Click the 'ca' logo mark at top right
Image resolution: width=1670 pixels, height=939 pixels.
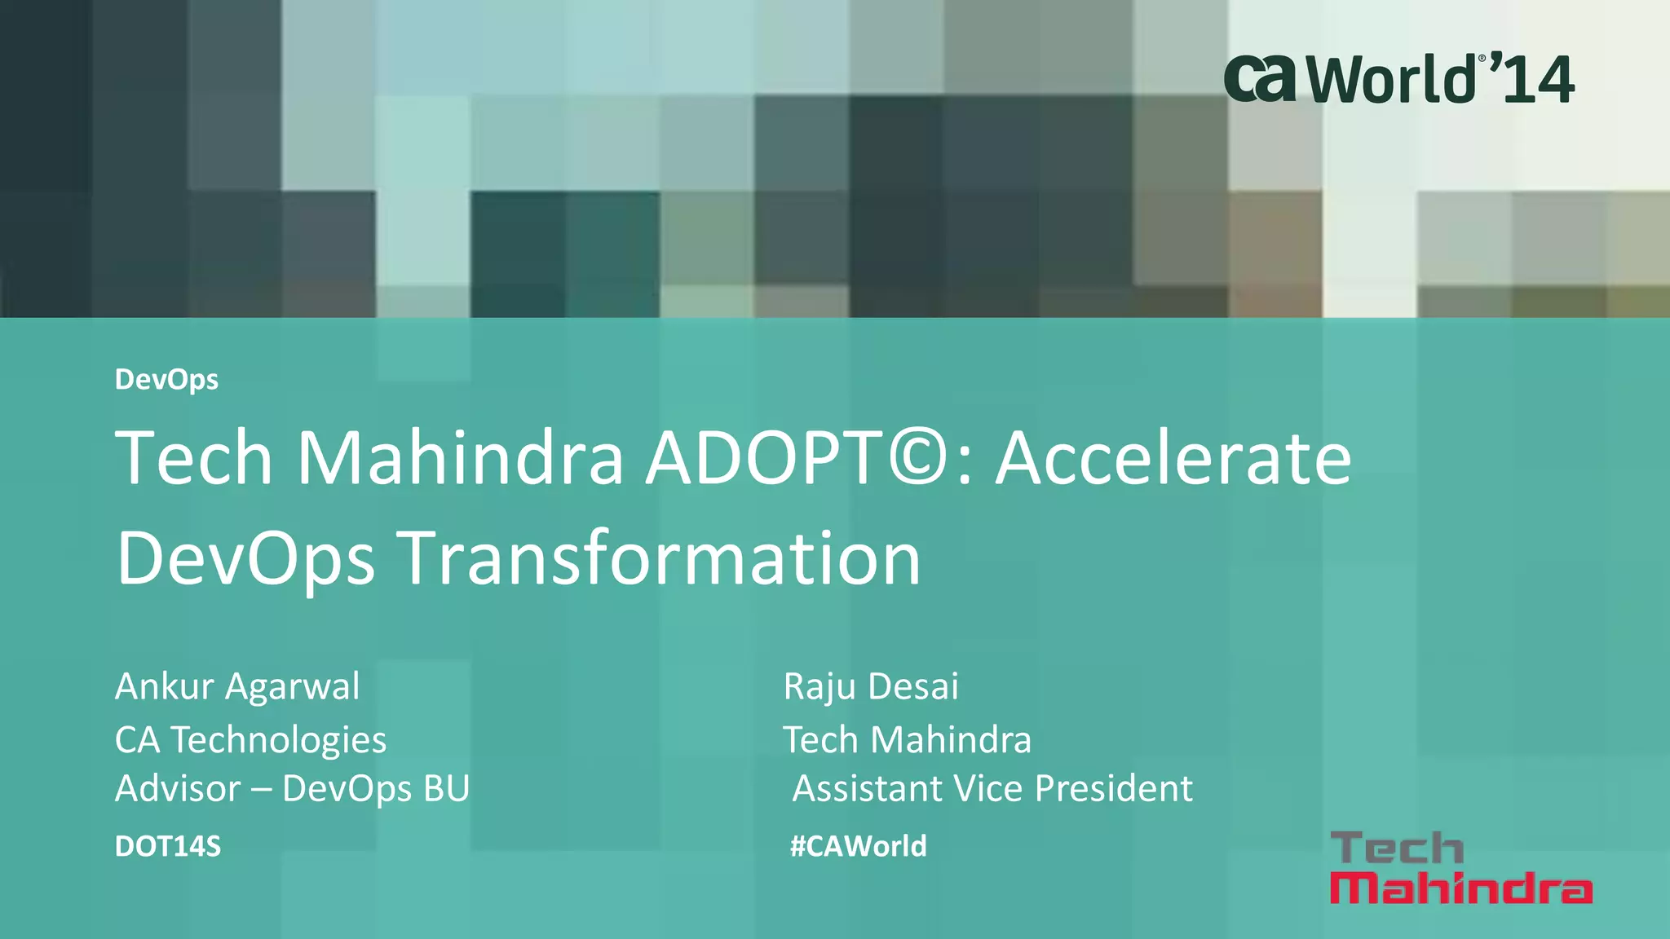click(x=1260, y=79)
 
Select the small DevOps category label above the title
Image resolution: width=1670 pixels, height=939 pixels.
click(x=166, y=380)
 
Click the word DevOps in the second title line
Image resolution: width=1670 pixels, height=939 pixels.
click(x=245, y=560)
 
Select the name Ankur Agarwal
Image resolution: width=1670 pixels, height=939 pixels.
click(x=237, y=686)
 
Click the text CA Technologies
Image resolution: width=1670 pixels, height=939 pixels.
click(x=250, y=740)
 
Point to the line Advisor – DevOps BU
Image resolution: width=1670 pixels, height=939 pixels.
click(x=292, y=789)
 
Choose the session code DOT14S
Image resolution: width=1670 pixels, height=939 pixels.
click(x=168, y=847)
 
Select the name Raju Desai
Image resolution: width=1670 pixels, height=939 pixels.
click(x=871, y=686)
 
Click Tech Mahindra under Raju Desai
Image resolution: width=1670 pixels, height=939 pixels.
click(x=907, y=740)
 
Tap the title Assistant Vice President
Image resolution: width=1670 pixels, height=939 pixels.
click(x=992, y=789)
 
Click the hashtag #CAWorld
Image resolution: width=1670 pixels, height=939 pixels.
click(x=858, y=847)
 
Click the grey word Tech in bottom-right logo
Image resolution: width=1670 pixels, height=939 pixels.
click(x=1397, y=849)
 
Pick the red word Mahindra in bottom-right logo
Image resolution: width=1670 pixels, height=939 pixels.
click(x=1460, y=888)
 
